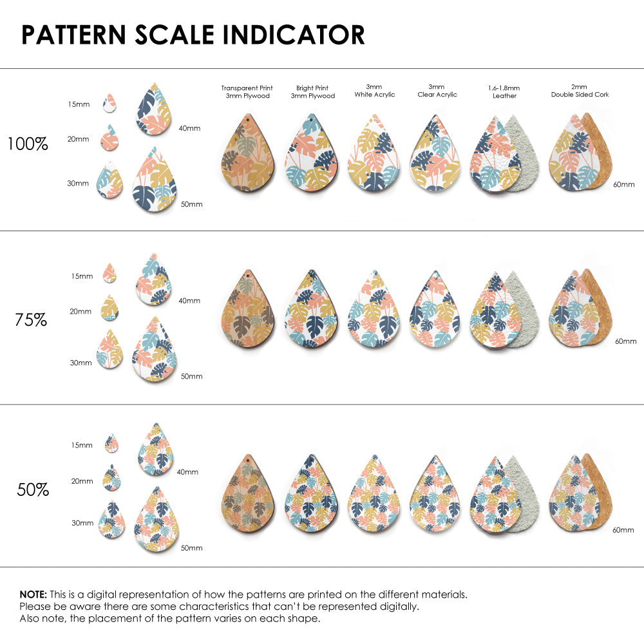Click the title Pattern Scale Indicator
(x=193, y=35)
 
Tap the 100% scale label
(x=28, y=144)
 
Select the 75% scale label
(x=31, y=319)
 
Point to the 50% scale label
(x=33, y=489)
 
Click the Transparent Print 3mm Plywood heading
(x=247, y=91)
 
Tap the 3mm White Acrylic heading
(x=374, y=90)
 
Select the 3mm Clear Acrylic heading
(x=437, y=90)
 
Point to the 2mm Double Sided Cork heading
(x=580, y=90)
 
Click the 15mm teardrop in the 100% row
(x=109, y=102)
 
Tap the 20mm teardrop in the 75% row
(x=109, y=308)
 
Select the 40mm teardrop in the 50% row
(x=155, y=450)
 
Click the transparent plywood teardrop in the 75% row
(x=248, y=310)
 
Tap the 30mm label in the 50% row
(x=82, y=523)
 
